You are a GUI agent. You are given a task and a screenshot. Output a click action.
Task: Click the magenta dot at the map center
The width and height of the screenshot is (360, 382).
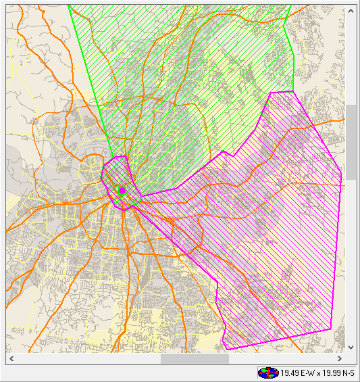tap(122, 190)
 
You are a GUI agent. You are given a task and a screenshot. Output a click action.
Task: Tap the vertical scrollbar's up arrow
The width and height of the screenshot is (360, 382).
tap(350, 11)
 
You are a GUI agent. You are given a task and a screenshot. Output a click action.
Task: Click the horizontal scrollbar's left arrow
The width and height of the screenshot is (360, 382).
tap(11, 359)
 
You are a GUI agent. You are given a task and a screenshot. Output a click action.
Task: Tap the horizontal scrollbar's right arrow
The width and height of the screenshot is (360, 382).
tap(340, 359)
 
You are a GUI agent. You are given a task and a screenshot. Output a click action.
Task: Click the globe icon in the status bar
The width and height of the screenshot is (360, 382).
tap(268, 373)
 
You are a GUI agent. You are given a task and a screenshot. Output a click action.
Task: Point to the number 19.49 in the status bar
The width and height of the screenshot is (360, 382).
tap(290, 373)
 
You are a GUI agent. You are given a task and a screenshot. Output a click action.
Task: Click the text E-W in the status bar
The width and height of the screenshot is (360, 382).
tap(307, 373)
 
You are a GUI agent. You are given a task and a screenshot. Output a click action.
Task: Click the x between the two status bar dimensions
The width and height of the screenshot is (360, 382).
tap(319, 373)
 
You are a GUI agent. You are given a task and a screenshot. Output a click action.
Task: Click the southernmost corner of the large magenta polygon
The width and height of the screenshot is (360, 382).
tap(226, 350)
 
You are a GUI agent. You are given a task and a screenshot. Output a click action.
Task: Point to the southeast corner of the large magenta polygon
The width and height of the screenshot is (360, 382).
tap(331, 329)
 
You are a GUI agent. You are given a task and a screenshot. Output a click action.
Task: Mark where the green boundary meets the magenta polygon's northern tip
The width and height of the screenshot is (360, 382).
tap(292, 91)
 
